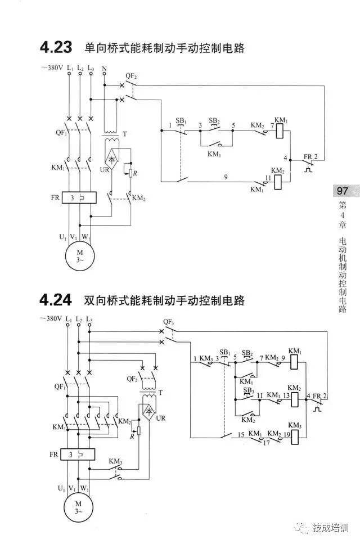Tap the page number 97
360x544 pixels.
click(x=342, y=191)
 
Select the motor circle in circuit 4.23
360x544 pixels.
click(x=79, y=256)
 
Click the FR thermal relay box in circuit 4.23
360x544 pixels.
click(x=77, y=198)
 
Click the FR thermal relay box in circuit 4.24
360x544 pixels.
click(x=77, y=453)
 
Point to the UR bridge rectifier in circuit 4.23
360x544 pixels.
click(x=113, y=159)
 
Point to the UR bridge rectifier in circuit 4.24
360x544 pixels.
click(x=149, y=412)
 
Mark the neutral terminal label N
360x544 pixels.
click(x=105, y=68)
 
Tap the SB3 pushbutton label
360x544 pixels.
click(x=248, y=390)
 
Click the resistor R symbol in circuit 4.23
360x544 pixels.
click(x=130, y=172)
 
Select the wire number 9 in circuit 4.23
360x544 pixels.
click(x=226, y=177)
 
